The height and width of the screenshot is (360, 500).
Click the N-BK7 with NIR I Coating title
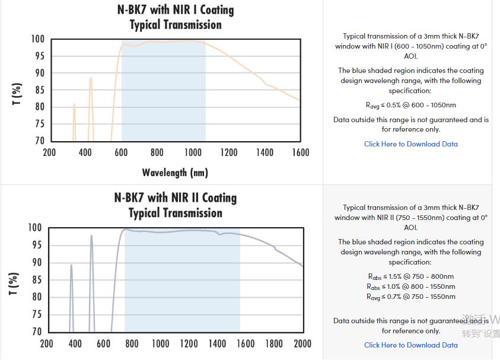tap(175, 10)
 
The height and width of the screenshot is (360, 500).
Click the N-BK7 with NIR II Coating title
tap(175, 198)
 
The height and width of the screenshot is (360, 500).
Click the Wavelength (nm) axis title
tap(175, 173)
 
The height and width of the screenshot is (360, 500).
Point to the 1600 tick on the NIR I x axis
tap(301, 152)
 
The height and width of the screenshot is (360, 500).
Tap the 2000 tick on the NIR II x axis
tap(302, 343)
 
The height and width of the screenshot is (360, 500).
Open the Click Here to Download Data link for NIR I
tap(410, 144)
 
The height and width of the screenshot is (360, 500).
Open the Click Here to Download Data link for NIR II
tap(410, 345)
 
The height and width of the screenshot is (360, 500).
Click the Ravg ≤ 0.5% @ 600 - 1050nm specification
tap(410, 106)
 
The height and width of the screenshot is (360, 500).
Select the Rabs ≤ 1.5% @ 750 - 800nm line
tap(410, 276)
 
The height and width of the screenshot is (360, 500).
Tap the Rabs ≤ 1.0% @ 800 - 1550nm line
tap(410, 286)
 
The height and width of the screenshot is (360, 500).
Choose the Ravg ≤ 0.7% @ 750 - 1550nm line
tap(410, 297)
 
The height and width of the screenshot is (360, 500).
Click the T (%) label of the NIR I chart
tap(17, 94)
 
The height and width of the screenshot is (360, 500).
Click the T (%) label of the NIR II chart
tap(15, 285)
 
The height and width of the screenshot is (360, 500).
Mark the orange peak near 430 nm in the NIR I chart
tap(91, 78)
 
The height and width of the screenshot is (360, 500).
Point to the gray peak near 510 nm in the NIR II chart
tap(91, 236)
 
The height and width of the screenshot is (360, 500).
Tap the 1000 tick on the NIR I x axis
tap(193, 152)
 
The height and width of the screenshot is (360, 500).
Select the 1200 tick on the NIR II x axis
tap(189, 343)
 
